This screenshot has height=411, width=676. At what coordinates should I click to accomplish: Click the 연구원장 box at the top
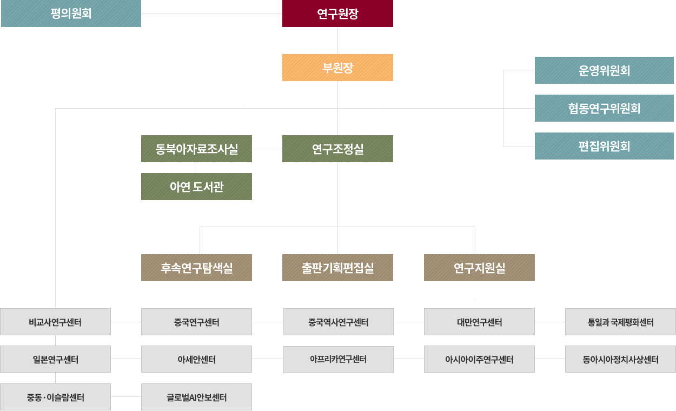337,14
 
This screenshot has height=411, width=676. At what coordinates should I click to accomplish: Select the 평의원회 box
71,14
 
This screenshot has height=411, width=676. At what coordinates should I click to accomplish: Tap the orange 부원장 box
337,68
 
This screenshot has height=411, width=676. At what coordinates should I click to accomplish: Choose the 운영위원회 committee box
604,70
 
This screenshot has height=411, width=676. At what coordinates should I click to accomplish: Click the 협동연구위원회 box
604,108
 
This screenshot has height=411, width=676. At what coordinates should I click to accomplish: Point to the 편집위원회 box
604,146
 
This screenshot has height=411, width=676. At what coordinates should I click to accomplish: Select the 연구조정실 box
337,149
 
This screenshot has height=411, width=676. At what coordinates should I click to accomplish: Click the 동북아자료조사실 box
196,149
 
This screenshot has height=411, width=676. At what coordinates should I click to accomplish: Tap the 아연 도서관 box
196,187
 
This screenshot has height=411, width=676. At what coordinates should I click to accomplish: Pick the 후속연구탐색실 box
196,268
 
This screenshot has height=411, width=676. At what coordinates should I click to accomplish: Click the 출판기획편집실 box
337,268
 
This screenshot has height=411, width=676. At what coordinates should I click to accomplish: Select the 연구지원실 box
479,268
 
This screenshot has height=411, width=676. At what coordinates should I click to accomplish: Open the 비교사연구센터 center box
55,322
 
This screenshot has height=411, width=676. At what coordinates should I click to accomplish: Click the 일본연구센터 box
55,360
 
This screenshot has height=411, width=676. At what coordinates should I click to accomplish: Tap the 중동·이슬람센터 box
55,397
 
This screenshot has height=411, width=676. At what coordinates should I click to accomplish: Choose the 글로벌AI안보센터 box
196,397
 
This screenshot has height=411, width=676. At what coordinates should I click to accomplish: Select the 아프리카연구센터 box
338,360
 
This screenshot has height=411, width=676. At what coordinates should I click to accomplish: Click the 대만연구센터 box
479,322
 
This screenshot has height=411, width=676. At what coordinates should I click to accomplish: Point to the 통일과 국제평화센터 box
620,322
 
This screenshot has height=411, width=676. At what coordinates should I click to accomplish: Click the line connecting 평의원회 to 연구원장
211,14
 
